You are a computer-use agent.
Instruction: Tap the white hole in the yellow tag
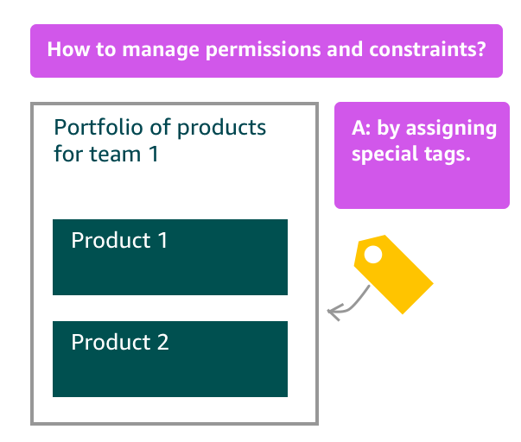[373, 255]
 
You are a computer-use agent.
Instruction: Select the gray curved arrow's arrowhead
[334, 313]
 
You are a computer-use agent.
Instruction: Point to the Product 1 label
[119, 240]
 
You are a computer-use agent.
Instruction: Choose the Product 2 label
[120, 342]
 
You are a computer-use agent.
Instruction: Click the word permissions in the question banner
[264, 50]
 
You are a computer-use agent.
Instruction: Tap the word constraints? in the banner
[428, 49]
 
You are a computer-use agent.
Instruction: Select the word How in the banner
[68, 49]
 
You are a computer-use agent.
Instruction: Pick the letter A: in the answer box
[361, 128]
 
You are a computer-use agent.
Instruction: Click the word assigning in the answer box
[451, 129]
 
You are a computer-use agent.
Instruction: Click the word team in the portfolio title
[115, 154]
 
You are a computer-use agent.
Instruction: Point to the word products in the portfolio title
[221, 128]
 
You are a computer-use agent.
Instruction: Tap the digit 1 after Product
[162, 240]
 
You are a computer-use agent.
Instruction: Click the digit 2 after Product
[162, 342]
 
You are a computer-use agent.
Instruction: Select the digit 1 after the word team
[154, 154]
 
